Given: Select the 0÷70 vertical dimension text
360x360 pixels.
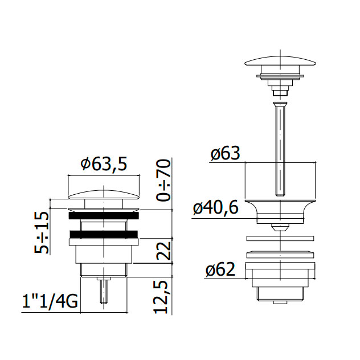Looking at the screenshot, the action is pyautogui.click(x=163, y=181).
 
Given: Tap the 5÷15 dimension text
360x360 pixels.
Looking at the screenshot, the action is pyautogui.click(x=42, y=232).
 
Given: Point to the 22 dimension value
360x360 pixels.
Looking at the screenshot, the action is pyautogui.click(x=164, y=251).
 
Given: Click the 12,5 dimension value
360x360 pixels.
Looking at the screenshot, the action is pyautogui.click(x=163, y=297).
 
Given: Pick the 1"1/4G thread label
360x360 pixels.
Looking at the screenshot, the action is pyautogui.click(x=50, y=301).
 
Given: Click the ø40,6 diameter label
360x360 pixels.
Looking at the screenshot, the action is pyautogui.click(x=215, y=208).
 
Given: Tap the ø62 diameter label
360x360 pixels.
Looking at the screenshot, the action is pyautogui.click(x=220, y=269).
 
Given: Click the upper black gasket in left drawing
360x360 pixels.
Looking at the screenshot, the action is pyautogui.click(x=104, y=215).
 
